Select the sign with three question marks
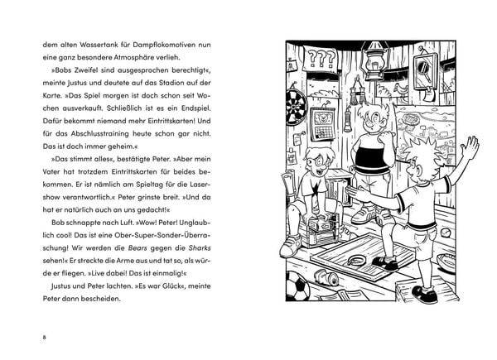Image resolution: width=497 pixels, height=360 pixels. tap(320, 60)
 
